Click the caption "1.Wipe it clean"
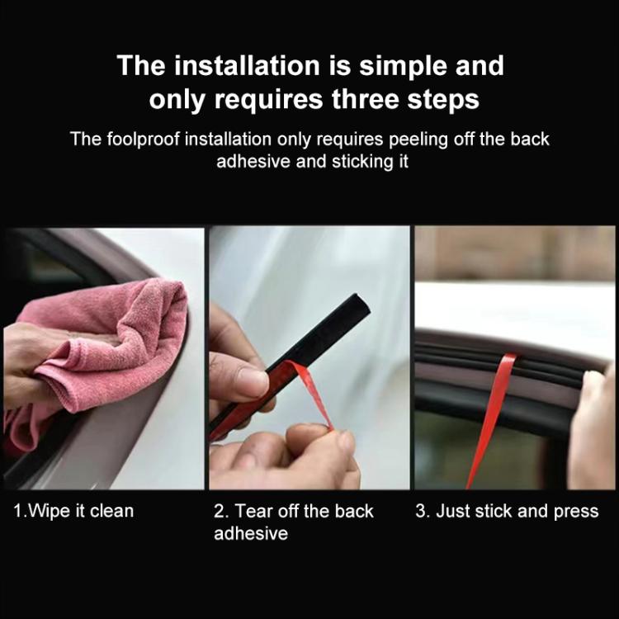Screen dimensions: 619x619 [x=73, y=511]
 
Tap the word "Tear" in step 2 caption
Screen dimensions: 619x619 [x=255, y=511]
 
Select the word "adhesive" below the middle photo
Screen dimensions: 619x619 [x=251, y=533]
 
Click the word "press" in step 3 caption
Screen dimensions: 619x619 [x=575, y=511]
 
